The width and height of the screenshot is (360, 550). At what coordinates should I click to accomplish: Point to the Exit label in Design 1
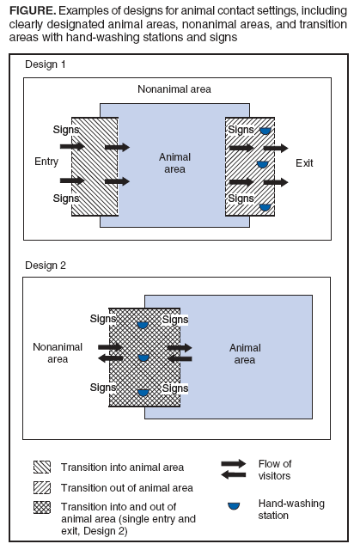click(305, 162)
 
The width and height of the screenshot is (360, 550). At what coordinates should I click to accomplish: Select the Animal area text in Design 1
click(174, 162)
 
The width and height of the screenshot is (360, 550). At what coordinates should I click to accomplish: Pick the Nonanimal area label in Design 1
click(175, 89)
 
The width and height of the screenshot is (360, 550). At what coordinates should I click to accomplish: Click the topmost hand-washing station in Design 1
click(265, 130)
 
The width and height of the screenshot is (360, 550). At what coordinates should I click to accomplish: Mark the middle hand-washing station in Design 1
click(263, 163)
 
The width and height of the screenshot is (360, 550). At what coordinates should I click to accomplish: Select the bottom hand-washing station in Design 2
click(143, 392)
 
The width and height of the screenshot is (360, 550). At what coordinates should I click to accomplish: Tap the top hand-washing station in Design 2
click(143, 324)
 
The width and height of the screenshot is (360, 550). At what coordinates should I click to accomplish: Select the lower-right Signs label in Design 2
click(175, 388)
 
